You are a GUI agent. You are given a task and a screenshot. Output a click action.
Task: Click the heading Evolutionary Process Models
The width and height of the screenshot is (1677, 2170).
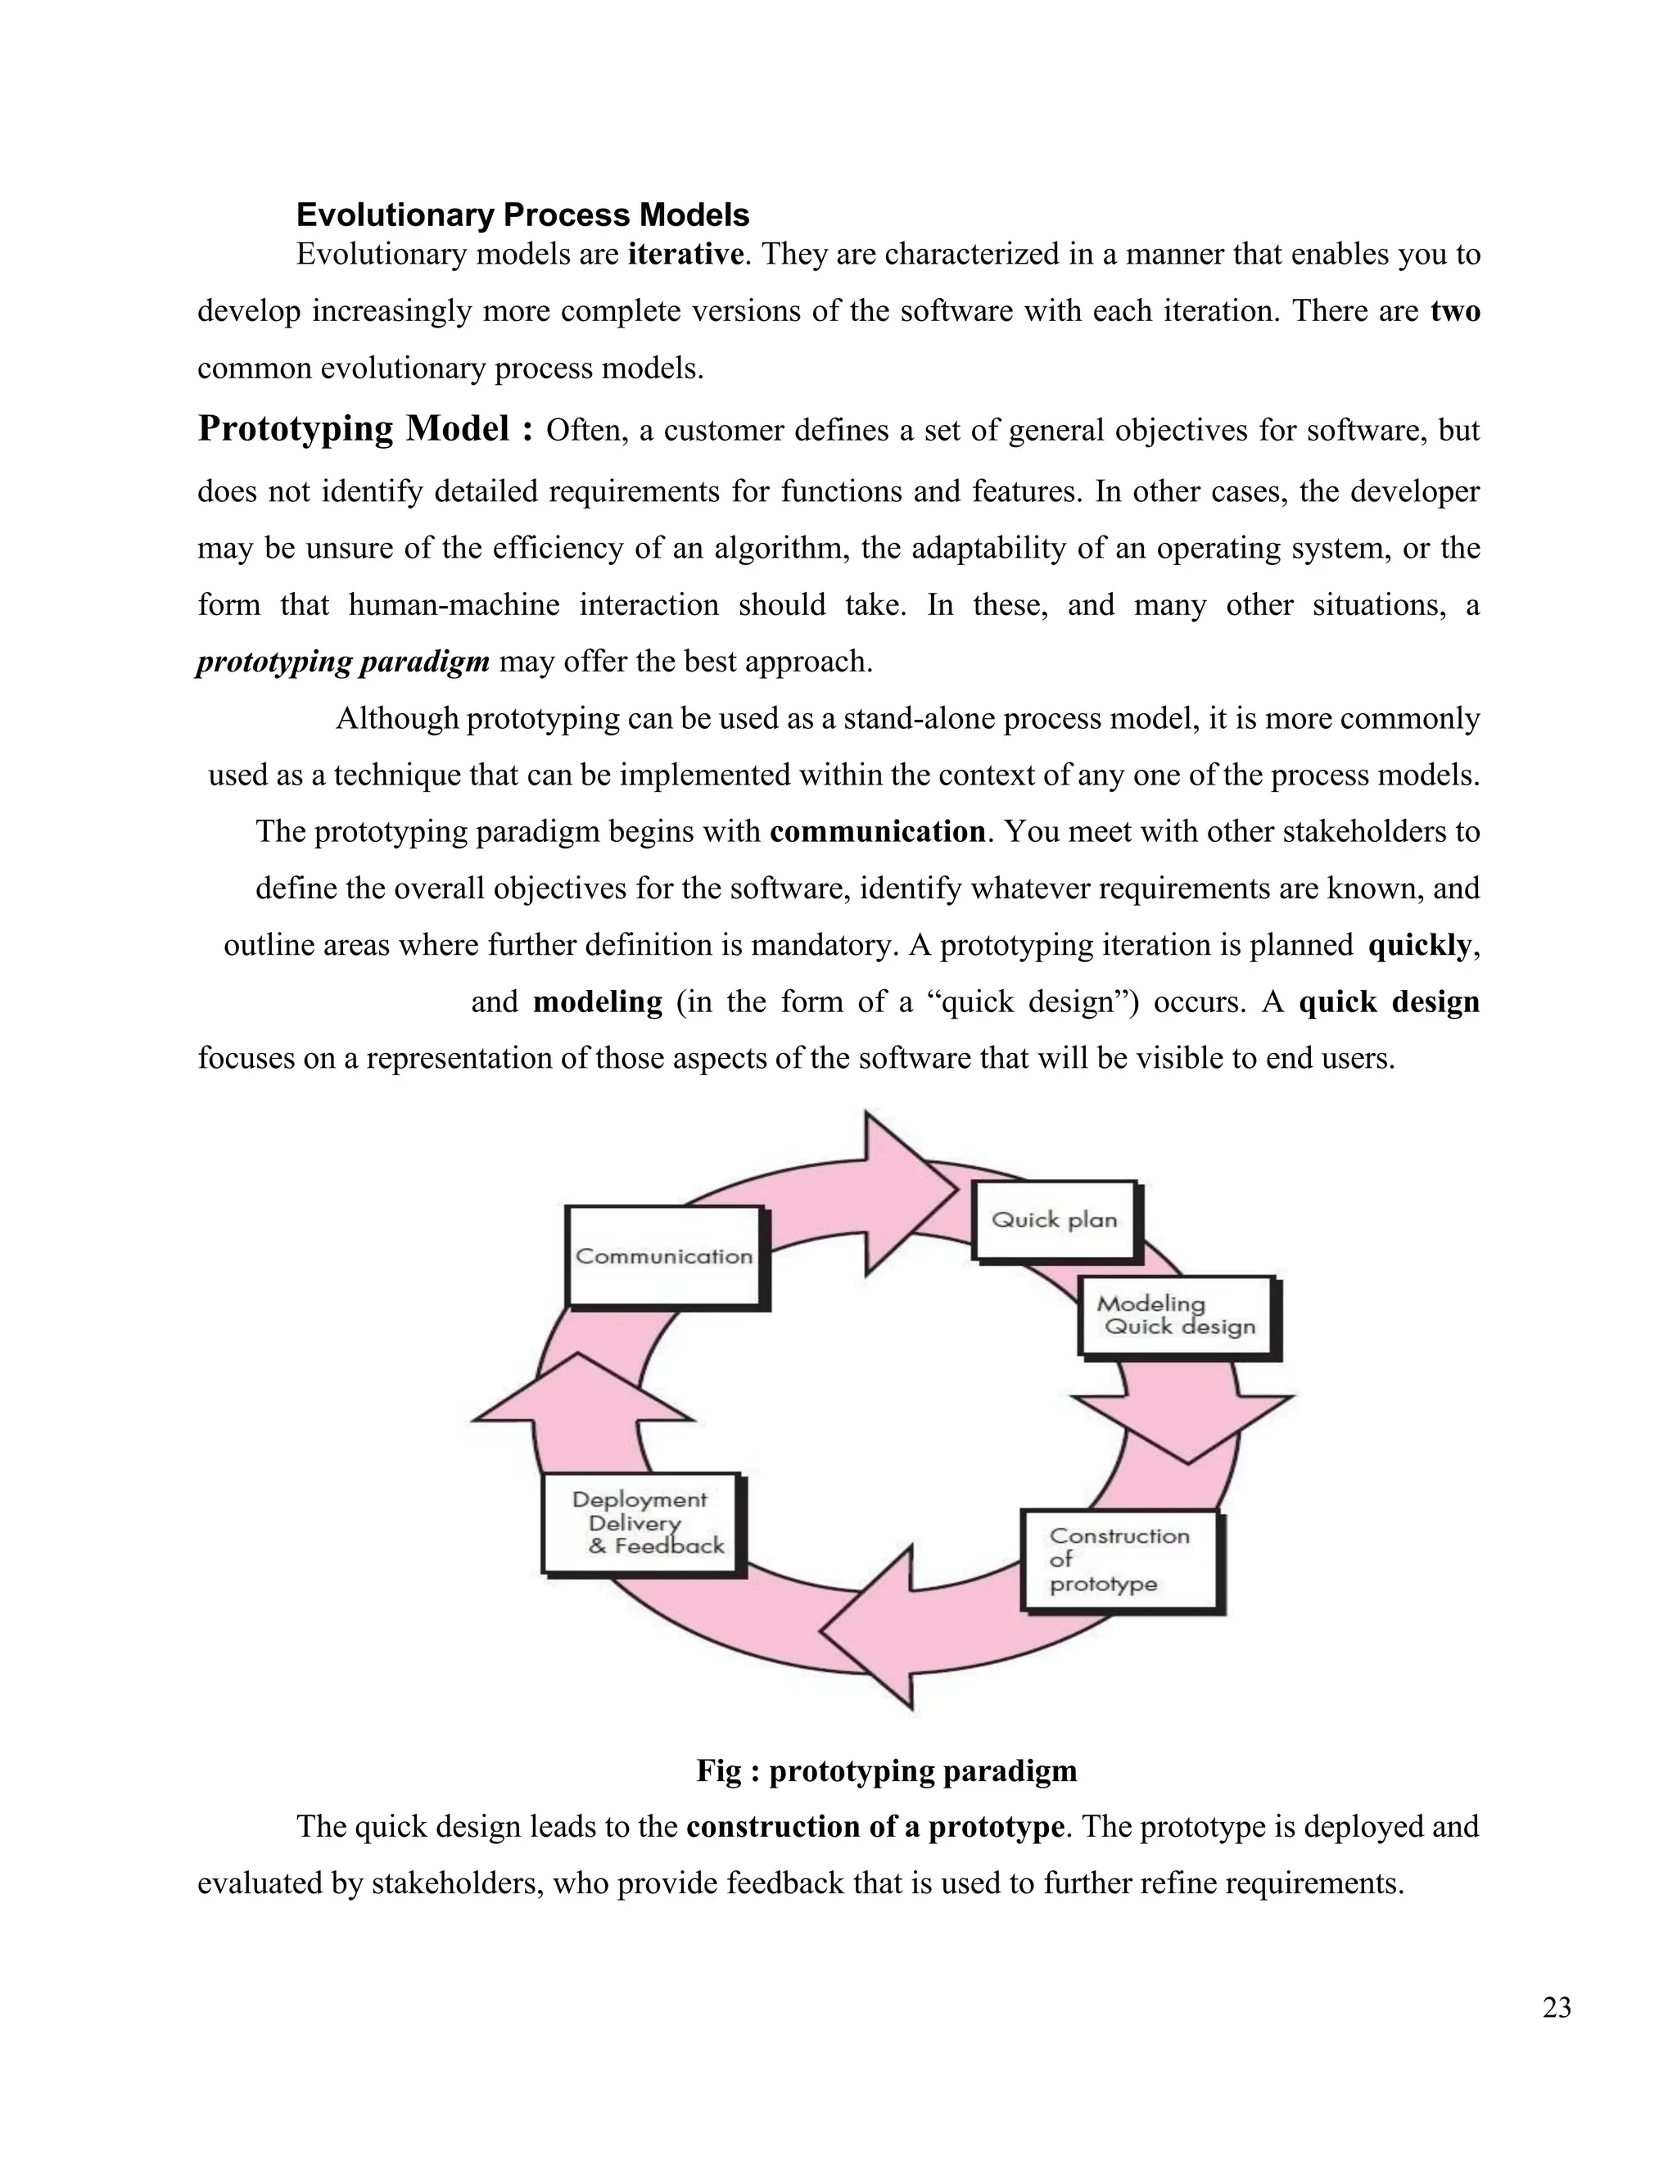point(522,215)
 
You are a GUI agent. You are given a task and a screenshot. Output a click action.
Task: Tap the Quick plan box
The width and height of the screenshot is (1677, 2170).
point(1054,1220)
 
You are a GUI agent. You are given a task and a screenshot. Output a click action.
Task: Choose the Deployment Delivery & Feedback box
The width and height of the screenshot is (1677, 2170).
point(642,1523)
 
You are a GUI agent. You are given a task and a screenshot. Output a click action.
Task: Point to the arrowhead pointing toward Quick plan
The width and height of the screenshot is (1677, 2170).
point(906,1191)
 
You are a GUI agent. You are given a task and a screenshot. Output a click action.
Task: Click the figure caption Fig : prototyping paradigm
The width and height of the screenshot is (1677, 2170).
point(886,1770)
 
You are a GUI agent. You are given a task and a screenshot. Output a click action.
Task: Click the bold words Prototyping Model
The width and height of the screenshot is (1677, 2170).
point(365,429)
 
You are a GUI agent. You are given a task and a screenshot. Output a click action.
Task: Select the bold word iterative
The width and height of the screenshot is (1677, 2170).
point(685,255)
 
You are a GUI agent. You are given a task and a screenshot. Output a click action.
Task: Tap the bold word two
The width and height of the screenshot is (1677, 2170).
point(1455,311)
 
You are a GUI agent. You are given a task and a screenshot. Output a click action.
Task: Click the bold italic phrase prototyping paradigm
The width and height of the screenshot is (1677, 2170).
point(344,662)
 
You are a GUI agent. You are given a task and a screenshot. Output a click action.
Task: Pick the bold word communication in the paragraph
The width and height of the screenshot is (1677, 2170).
point(877,832)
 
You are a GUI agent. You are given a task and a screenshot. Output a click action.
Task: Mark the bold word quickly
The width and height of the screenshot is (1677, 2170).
point(1420,945)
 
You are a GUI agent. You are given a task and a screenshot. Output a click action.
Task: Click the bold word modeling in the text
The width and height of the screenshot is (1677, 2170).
point(597,1001)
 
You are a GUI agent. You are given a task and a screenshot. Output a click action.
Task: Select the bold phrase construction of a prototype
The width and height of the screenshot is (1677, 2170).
point(875,1827)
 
